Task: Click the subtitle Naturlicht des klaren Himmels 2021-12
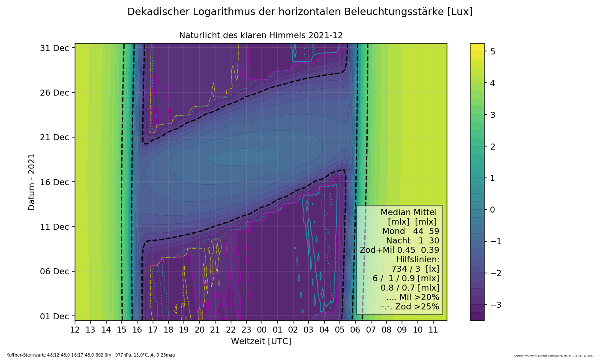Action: tap(261, 36)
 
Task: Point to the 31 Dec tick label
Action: tap(54, 48)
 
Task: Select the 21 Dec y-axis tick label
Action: tap(54, 137)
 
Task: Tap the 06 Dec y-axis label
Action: tap(54, 271)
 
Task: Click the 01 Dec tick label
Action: tap(54, 316)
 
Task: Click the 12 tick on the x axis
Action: tap(75, 330)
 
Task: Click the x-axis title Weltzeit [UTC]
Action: tap(261, 342)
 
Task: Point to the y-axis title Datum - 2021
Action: tap(32, 182)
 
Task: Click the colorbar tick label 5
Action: tap(492, 51)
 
